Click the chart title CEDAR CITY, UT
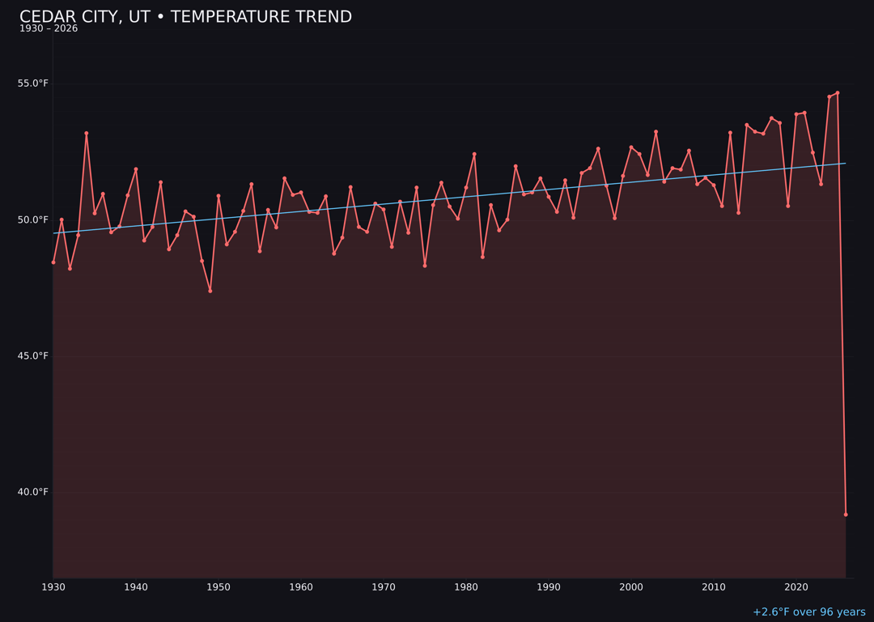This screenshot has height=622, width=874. click(185, 17)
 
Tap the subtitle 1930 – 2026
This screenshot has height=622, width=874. click(49, 28)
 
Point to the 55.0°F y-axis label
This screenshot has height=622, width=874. click(33, 83)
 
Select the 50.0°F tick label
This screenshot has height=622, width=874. click(33, 219)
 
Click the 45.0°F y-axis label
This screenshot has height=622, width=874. click(33, 356)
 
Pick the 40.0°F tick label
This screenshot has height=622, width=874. click(33, 492)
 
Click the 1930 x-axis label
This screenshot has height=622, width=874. click(53, 586)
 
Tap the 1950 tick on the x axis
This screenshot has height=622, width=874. click(218, 586)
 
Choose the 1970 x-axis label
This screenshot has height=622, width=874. click(384, 586)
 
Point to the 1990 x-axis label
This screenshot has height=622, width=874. click(549, 586)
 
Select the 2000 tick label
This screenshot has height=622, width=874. click(631, 586)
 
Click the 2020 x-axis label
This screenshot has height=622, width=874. click(796, 586)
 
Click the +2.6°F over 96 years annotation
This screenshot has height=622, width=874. click(808, 612)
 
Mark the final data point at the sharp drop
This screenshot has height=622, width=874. click(846, 514)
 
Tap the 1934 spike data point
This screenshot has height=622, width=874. click(87, 133)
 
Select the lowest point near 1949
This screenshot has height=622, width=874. click(210, 291)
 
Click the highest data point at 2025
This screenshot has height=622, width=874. click(838, 93)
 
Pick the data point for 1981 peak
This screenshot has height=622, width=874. click(474, 154)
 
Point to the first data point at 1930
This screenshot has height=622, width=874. click(53, 262)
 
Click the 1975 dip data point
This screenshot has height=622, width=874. click(425, 266)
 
